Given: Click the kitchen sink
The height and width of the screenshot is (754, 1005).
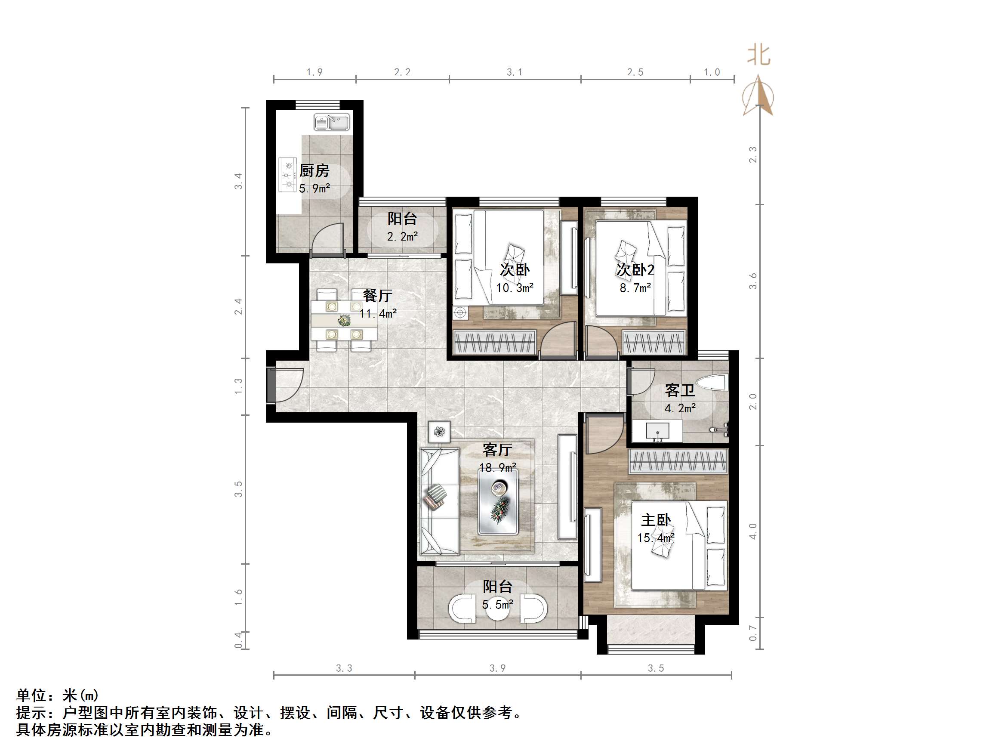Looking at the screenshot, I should point(332,122).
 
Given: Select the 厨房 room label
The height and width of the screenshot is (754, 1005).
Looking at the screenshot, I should point(314,171).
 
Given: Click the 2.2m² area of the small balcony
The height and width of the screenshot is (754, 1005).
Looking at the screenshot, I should point(402,237).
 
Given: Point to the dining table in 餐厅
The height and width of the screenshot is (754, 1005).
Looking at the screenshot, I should point(344,321).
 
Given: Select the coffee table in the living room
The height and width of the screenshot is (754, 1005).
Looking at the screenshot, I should point(498,502).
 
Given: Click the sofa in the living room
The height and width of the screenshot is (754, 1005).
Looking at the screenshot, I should point(438,501).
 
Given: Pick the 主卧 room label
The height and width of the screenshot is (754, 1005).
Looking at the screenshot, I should point(655,520).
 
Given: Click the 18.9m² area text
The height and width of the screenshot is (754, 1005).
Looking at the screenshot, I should point(497,468).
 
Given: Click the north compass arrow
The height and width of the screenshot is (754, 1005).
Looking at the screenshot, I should point(758,96).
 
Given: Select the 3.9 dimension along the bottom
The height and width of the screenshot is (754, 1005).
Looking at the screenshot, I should point(497,668).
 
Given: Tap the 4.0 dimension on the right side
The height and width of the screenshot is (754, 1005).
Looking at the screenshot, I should point(753,531).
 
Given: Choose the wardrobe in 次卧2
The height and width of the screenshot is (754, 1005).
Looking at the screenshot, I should point(654,342).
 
